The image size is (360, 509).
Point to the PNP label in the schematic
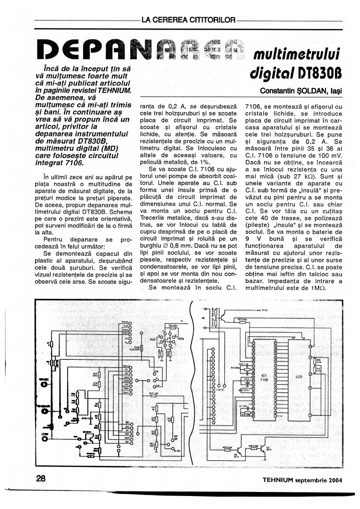153,339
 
